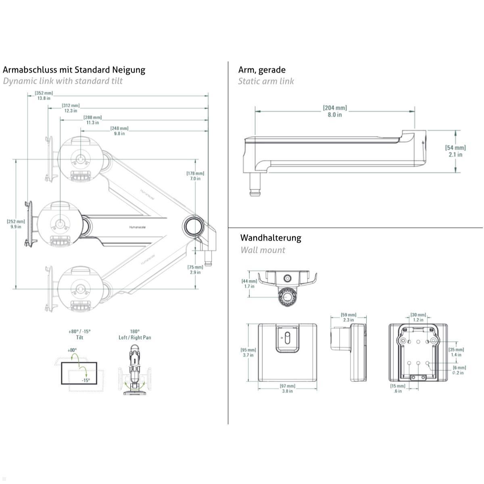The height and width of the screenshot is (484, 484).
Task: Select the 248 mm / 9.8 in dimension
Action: [x=119, y=131]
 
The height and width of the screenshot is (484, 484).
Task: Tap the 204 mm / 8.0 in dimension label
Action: [x=334, y=111]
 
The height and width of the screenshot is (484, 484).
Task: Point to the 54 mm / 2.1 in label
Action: [x=455, y=151]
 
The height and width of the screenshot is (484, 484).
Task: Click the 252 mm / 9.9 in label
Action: [x=16, y=224]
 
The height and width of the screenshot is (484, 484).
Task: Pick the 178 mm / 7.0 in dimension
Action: [x=195, y=176]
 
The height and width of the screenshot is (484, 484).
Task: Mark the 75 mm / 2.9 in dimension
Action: [x=195, y=269]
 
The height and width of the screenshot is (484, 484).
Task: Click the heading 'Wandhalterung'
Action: [x=271, y=238]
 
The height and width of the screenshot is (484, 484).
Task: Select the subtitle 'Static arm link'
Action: [x=266, y=81]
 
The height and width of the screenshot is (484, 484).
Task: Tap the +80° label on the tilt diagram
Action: [x=72, y=350]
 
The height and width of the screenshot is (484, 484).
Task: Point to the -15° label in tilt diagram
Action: [x=86, y=380]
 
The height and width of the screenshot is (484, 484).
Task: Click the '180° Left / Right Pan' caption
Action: [x=135, y=334]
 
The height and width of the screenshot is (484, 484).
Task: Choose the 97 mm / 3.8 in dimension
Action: [x=287, y=388]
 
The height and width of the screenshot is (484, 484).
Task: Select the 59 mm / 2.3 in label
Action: [x=348, y=317]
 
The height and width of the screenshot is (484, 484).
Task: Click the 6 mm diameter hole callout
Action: [x=459, y=370]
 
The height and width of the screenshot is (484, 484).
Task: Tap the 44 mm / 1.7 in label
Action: [x=249, y=284]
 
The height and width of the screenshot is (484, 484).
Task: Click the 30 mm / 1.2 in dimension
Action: [x=418, y=317]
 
